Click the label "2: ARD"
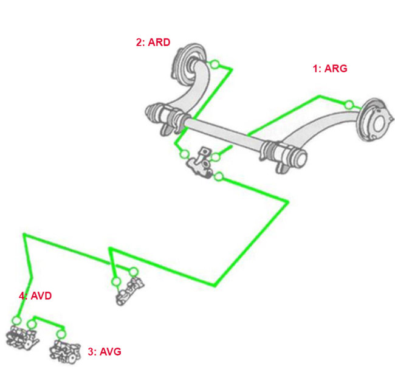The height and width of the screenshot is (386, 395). click(153, 43)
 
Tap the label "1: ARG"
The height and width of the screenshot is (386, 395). click(330, 69)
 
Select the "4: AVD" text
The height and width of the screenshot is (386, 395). click(35, 296)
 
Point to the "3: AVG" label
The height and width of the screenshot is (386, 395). click(105, 351)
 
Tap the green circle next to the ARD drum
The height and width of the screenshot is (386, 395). click(214, 64)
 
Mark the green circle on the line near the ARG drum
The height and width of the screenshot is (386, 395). click(348, 105)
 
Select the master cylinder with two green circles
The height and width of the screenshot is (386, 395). click(129, 290)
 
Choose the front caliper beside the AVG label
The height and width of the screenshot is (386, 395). click(64, 351)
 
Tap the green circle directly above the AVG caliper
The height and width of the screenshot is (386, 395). click(60, 334)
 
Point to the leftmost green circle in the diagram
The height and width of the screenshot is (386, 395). click(17, 320)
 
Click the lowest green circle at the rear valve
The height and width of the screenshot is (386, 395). click(219, 177)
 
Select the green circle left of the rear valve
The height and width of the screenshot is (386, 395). click(184, 154)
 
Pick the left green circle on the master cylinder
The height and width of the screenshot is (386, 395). click(116, 281)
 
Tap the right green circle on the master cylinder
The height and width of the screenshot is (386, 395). click(134, 272)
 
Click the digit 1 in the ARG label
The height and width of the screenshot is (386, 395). click(315, 69)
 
